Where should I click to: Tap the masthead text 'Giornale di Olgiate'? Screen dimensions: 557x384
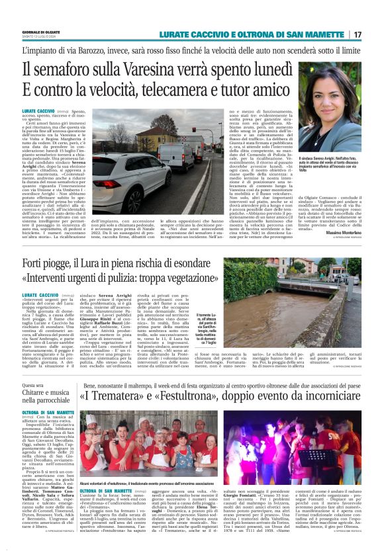[39, 32]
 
